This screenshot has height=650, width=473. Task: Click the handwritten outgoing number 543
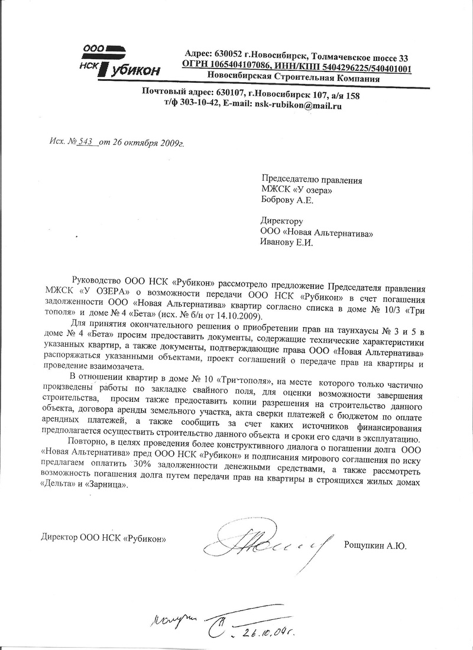point(87,142)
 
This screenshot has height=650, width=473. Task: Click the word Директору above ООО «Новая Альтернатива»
point(282,221)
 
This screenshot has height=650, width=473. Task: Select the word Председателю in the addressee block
point(290,178)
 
